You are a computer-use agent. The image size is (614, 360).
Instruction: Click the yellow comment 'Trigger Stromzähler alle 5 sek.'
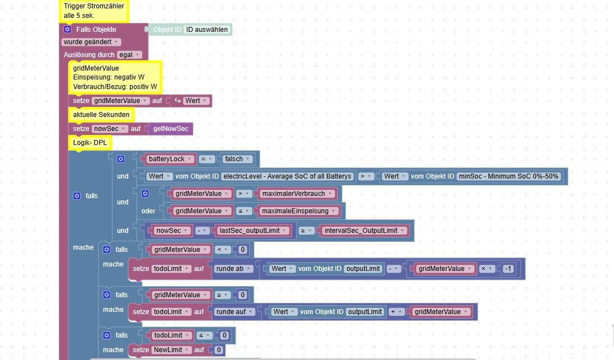94,11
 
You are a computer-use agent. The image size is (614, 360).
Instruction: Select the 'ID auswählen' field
207,29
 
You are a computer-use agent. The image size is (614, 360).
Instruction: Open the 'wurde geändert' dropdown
91,42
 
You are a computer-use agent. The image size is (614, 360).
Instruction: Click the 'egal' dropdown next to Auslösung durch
129,55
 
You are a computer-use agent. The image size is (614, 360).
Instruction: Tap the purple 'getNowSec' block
170,129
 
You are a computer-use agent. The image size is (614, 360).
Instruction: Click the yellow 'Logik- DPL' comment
90,143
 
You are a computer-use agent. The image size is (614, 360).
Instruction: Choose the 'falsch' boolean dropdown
238,159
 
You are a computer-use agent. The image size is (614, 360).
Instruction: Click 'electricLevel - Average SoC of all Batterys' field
287,176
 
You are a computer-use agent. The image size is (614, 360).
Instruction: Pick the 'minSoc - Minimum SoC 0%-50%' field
508,176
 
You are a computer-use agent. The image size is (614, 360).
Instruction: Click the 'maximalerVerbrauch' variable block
297,193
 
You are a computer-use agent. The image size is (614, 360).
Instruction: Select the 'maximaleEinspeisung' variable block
299,211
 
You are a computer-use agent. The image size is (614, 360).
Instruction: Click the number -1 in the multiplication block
508,269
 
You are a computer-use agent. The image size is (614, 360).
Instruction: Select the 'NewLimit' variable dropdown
171,350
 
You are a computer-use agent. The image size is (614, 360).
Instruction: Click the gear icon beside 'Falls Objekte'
67,29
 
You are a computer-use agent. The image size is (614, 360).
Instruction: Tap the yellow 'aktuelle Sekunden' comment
101,115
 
